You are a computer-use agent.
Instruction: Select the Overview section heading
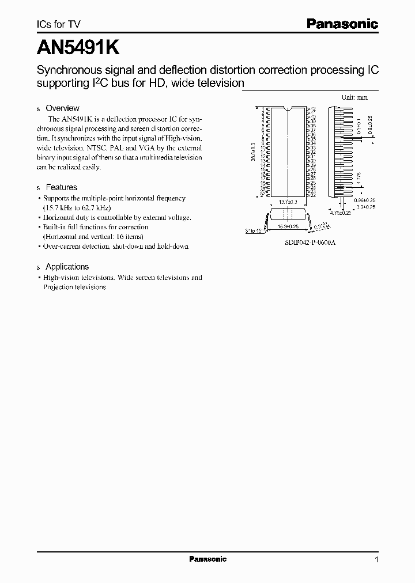62,108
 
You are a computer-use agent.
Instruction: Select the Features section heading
61,187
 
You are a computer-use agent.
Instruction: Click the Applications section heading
67,267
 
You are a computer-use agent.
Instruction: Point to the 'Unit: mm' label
354,98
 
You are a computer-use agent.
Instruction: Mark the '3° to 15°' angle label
254,230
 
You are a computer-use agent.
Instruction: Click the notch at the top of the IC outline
288,108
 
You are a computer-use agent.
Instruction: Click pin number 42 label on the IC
312,109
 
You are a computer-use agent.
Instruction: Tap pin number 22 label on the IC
312,196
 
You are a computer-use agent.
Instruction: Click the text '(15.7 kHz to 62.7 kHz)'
77,207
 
